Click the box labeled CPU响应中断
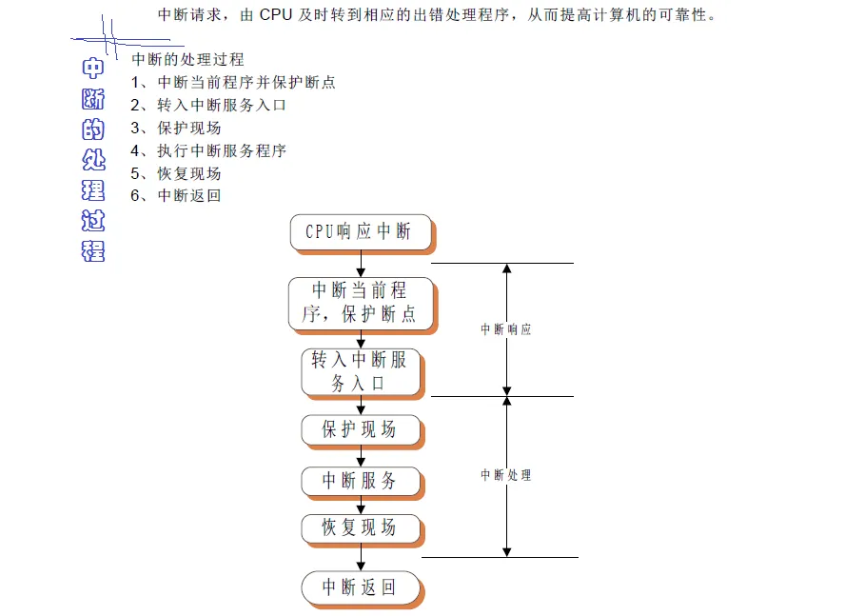tap(360, 231)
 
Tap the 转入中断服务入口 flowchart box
tap(360, 371)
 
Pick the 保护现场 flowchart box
tap(360, 429)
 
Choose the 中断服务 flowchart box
tap(360, 481)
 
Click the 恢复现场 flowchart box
tap(360, 527)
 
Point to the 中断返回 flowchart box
tap(360, 586)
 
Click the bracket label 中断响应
tap(505, 329)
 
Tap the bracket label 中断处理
tap(505, 475)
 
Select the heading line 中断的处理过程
tap(187, 60)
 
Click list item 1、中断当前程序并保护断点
tap(233, 83)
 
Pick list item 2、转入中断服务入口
tap(208, 106)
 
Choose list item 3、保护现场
tap(176, 129)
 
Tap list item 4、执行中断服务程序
tap(208, 150)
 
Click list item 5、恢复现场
tap(176, 173)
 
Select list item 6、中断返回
tap(176, 196)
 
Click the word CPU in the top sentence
tap(276, 15)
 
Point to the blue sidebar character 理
tap(93, 187)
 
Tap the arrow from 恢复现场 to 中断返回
tap(361, 559)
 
